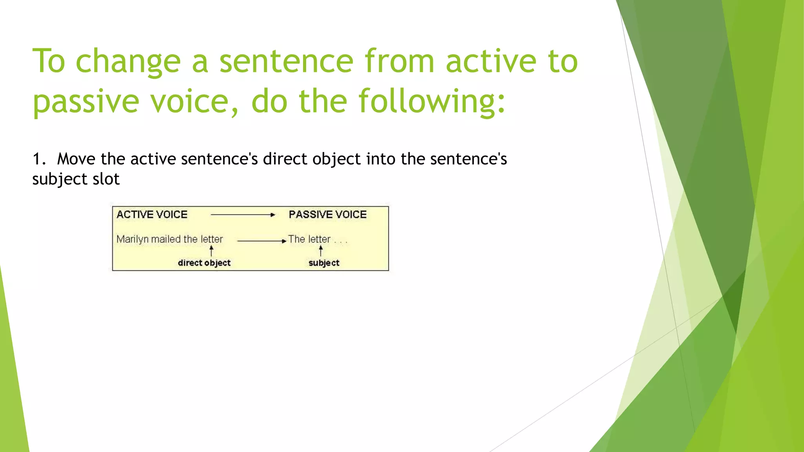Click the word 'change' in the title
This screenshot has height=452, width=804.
point(128,62)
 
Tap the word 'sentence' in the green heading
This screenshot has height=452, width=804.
point(286,62)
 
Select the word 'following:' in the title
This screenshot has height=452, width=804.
point(432,102)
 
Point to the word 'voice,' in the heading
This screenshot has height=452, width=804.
point(194,102)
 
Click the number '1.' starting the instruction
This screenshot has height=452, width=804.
point(39,159)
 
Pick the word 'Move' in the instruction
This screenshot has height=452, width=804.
point(76,159)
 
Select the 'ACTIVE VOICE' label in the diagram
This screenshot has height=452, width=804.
point(152,215)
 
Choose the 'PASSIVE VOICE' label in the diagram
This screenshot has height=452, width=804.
point(327,215)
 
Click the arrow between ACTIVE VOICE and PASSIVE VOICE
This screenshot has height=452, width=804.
point(243,215)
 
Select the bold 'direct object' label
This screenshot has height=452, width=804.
point(204,263)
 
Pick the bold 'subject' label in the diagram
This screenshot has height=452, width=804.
point(324,263)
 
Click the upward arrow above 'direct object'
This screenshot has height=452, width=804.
point(211,251)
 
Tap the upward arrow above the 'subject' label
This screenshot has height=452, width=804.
point(321,251)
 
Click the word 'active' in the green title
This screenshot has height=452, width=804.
point(491,62)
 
